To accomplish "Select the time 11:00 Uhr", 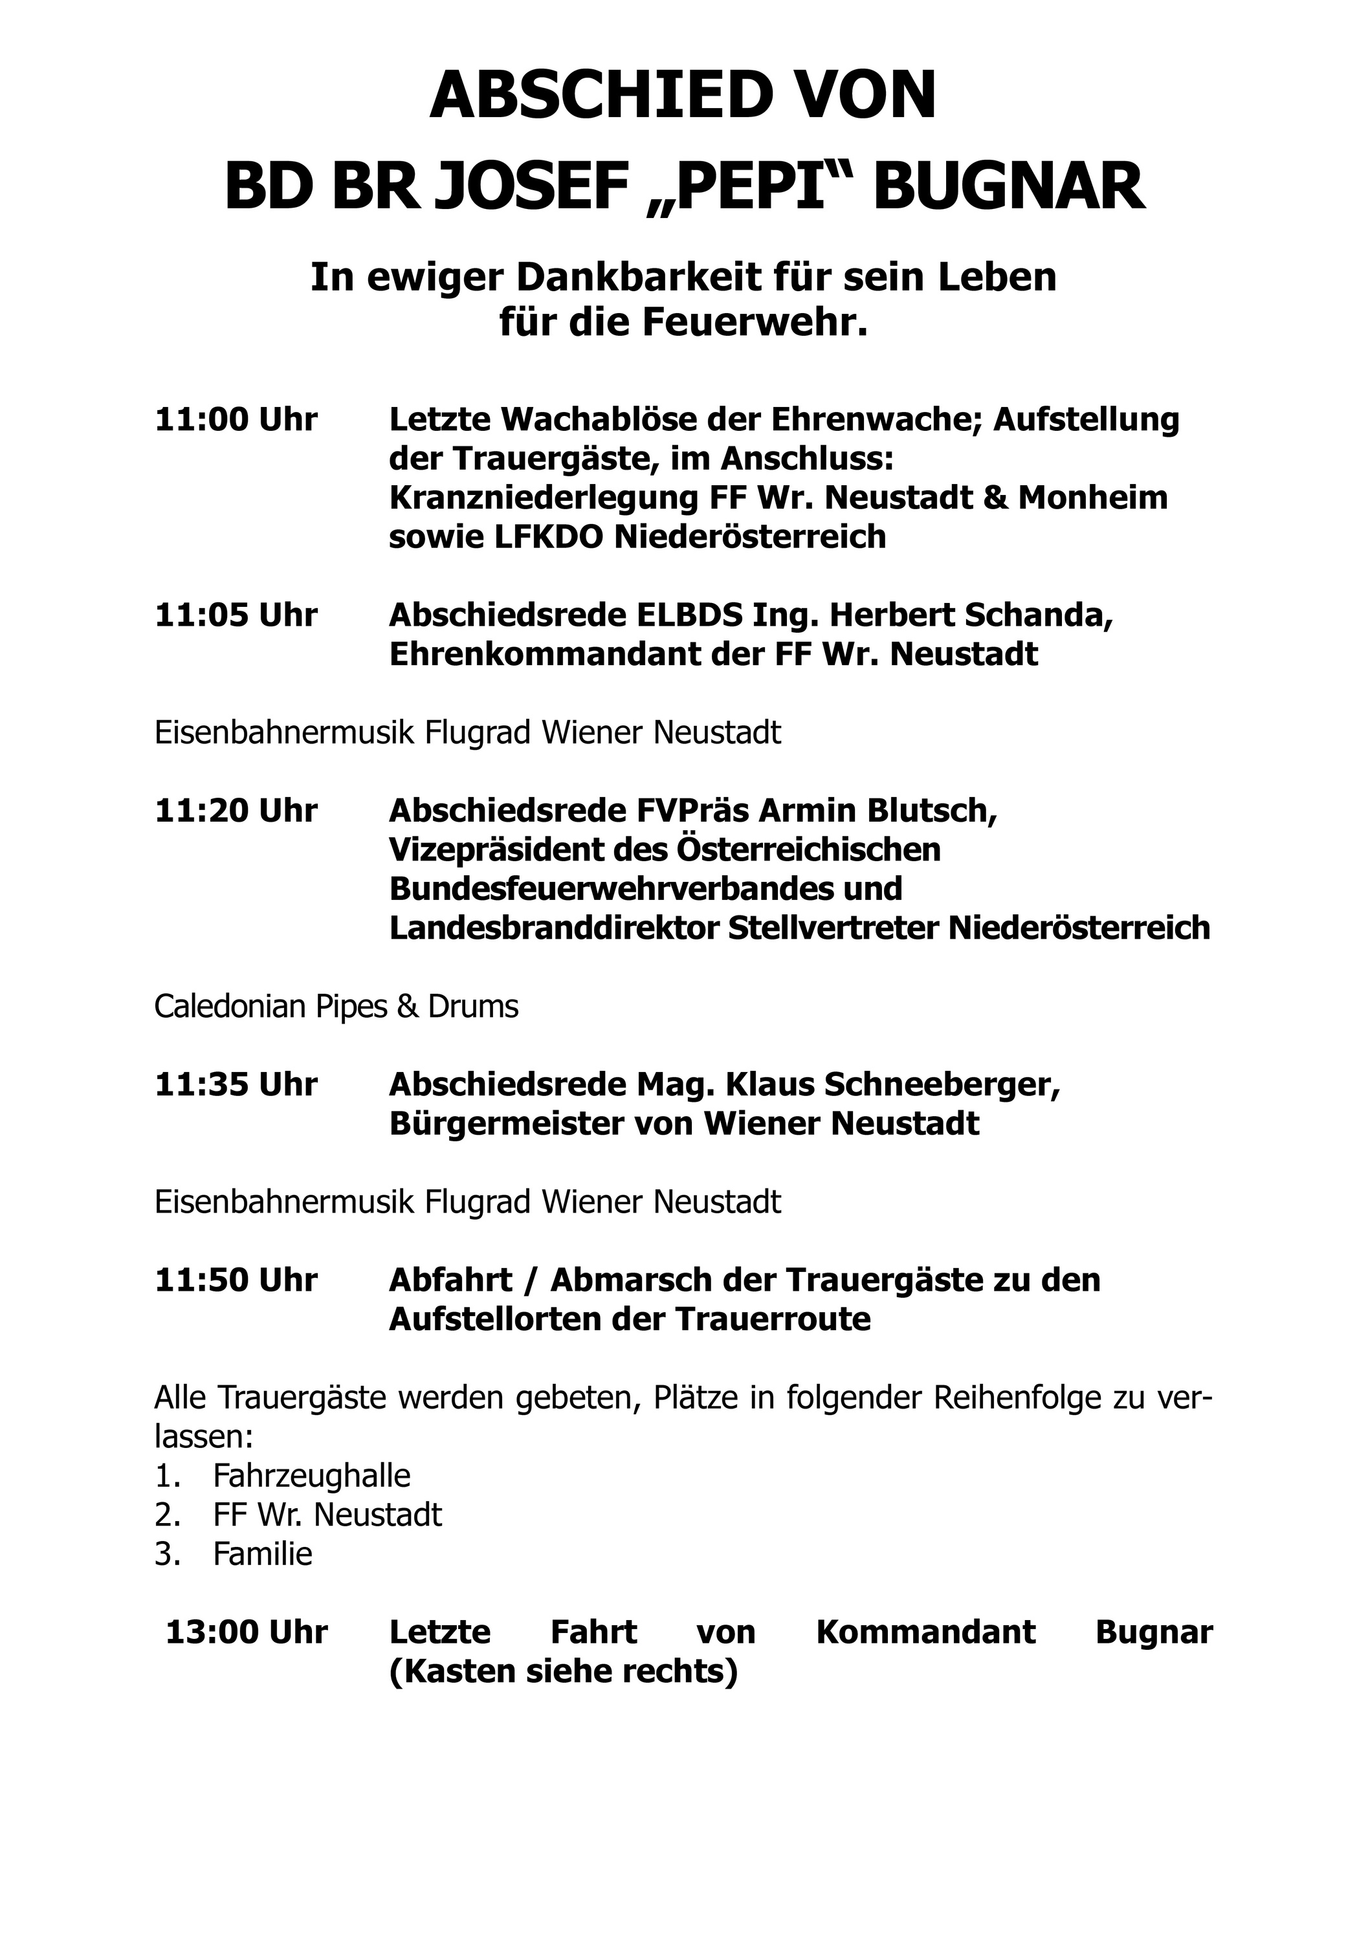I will pos(236,419).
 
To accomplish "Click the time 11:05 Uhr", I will pos(236,615).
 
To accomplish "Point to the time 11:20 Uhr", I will pos(236,811).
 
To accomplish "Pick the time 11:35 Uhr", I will pos(236,1084).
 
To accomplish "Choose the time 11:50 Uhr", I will pos(236,1280).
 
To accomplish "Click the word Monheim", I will pos(1092,498).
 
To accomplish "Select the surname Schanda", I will pos(1039,615).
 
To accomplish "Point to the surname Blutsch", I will pos(932,811).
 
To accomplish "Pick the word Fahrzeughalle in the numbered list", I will pos(311,1475).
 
